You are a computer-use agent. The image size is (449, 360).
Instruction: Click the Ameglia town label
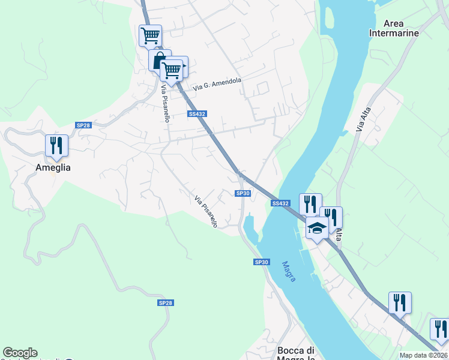coord(52,168)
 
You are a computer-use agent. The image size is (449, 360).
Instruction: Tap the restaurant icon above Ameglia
coord(56,145)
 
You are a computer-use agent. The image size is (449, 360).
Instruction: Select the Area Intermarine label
coord(394,28)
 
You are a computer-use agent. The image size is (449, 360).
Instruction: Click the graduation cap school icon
coord(317,227)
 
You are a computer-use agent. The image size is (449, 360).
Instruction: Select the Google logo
coord(20,353)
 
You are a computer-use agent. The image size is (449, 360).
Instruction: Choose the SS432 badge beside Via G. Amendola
coord(197,114)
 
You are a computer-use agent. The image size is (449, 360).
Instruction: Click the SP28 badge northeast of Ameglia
coord(83,125)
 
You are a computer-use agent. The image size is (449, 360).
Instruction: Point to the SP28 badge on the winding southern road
coord(166,303)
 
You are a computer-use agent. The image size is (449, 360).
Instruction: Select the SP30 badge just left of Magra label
coord(262,262)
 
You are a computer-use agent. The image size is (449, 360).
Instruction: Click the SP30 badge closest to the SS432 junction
coord(243,193)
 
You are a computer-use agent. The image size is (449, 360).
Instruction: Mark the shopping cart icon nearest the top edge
coord(150,35)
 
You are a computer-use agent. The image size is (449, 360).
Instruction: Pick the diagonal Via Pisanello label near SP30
coord(206,211)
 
